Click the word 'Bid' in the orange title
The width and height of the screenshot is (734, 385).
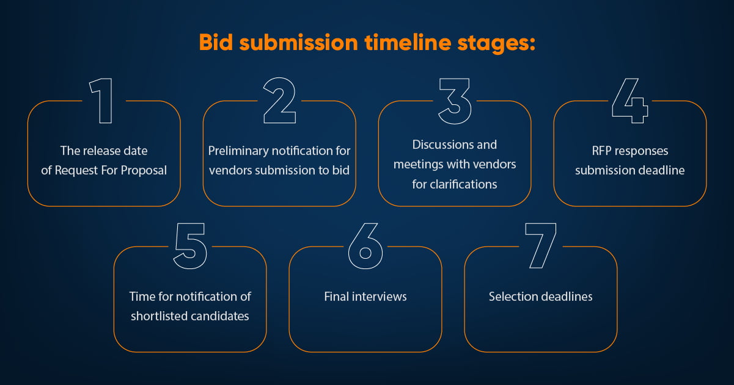click(216, 43)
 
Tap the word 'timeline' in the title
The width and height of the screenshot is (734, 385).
click(408, 43)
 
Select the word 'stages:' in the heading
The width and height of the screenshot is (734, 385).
click(496, 44)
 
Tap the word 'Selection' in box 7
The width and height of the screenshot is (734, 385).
click(512, 297)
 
